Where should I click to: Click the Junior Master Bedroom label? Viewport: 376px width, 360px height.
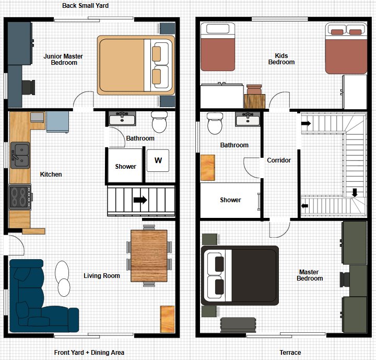click(x=64, y=60)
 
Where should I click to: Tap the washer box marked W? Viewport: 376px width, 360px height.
click(x=158, y=161)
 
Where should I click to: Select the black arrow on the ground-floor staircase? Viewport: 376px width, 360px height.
click(x=140, y=200)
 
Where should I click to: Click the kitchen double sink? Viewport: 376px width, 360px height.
click(x=20, y=155)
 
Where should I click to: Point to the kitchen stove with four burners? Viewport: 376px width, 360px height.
click(x=20, y=198)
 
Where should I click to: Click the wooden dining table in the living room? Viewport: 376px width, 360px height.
click(x=148, y=256)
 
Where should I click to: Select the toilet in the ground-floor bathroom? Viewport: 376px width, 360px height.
click(x=158, y=123)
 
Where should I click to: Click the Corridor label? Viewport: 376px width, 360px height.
click(x=279, y=160)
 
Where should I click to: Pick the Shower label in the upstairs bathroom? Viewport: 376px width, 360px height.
click(x=230, y=200)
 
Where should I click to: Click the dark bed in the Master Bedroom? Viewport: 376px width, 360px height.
click(x=240, y=275)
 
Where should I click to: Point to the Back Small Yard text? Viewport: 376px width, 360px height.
click(x=85, y=6)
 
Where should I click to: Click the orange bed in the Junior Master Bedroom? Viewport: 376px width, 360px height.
click(x=135, y=64)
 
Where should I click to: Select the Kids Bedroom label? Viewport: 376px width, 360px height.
click(x=281, y=59)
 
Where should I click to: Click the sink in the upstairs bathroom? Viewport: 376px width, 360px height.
click(x=248, y=120)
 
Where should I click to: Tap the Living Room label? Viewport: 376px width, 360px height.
click(x=102, y=276)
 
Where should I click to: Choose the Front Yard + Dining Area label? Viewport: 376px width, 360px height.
click(x=89, y=353)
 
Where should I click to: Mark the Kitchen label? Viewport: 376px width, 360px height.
click(x=51, y=175)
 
